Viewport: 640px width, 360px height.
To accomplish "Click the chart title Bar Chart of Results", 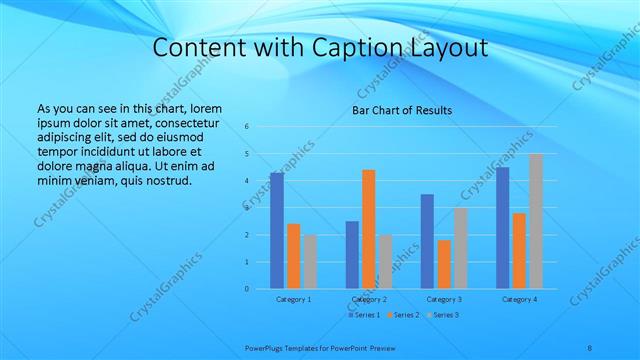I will click(401, 110).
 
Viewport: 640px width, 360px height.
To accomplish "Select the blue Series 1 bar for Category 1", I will click(276, 230).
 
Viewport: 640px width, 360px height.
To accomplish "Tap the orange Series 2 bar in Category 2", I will click(368, 229).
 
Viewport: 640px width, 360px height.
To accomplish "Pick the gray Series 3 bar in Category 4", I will click(536, 221).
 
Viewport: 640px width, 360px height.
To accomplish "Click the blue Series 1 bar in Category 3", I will click(427, 241).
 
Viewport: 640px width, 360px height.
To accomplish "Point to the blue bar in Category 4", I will click(503, 228).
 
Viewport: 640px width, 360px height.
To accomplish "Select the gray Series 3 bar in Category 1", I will click(310, 262).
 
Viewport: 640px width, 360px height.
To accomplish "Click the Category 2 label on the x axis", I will click(368, 299).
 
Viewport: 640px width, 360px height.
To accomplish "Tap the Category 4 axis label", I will click(519, 299).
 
